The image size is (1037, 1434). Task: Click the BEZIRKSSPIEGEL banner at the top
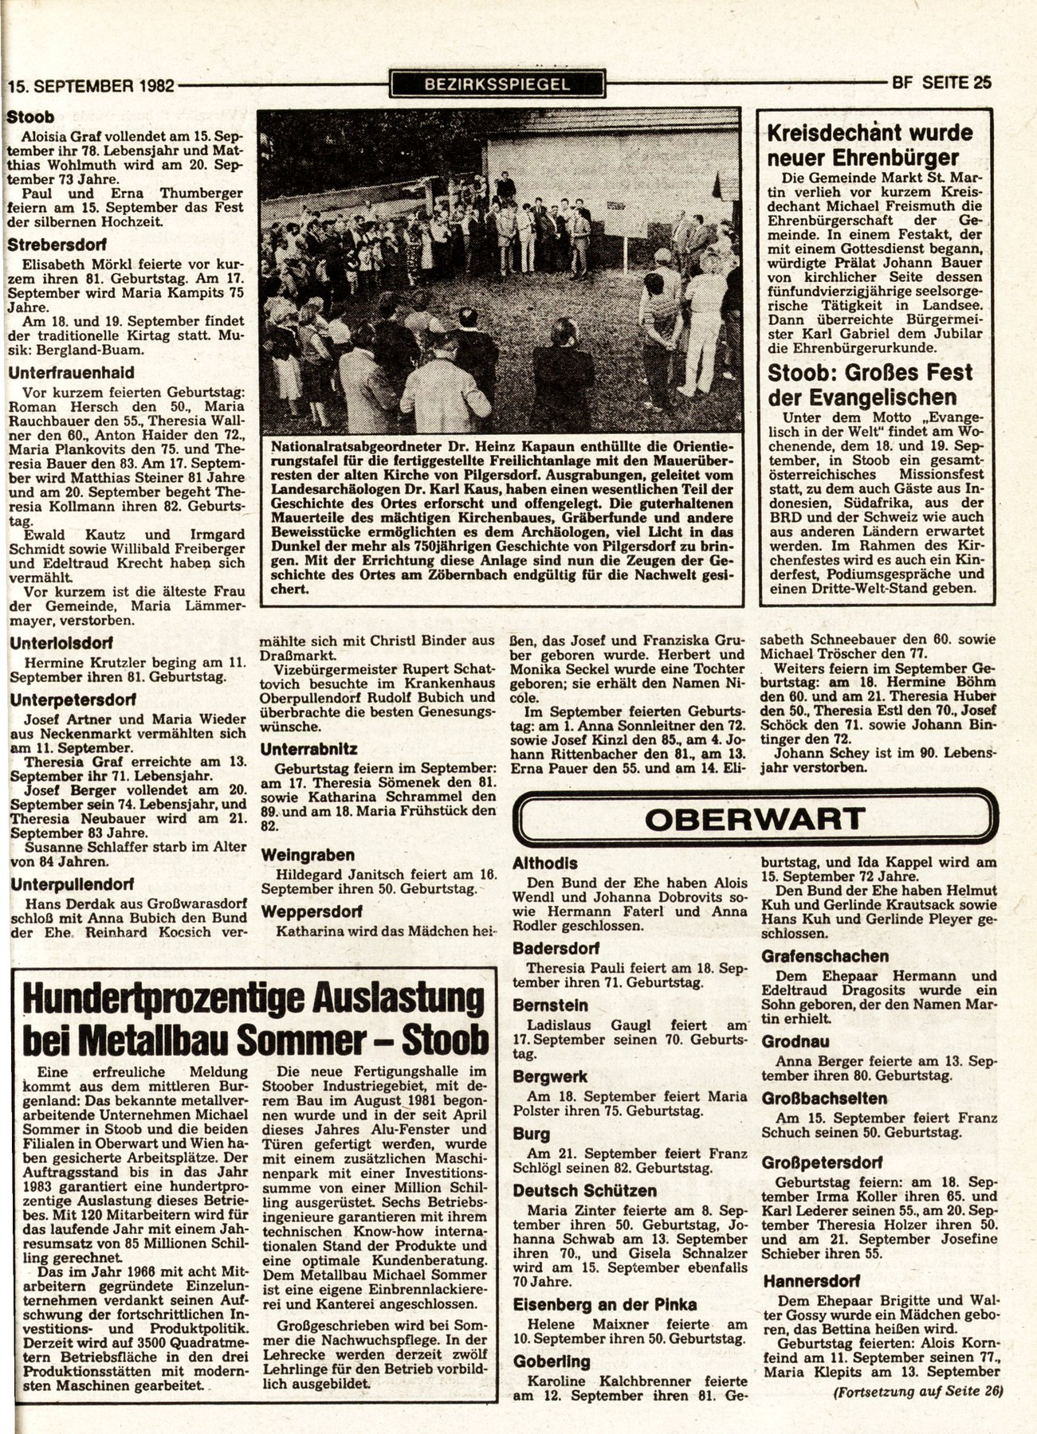(497, 84)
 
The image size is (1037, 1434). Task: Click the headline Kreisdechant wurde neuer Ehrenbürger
(870, 144)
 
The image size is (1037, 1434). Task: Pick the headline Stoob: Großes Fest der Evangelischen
(870, 385)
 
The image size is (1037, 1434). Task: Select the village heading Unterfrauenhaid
(71, 372)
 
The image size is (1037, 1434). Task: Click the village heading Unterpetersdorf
(73, 699)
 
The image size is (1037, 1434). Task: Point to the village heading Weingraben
(308, 855)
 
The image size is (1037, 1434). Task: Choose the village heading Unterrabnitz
(308, 750)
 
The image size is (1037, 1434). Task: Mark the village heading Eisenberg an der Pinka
(605, 1304)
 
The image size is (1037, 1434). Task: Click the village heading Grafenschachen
(825, 955)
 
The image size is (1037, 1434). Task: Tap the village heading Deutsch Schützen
(585, 1191)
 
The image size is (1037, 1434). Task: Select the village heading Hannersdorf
(811, 1282)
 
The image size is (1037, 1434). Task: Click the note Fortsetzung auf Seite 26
(917, 1392)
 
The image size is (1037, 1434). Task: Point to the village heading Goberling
(552, 1361)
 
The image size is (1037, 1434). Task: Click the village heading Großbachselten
(824, 1099)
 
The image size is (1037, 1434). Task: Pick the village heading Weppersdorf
(311, 911)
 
